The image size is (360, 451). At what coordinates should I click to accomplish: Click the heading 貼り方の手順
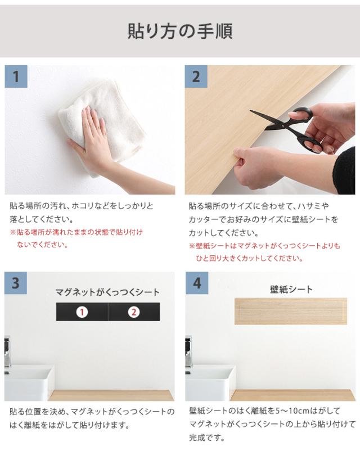[x=180, y=31]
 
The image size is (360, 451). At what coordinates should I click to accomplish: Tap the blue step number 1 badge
[x=16, y=76]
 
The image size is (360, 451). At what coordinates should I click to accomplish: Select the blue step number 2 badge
[x=196, y=76]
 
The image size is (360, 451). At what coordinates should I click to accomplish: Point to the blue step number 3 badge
[x=16, y=283]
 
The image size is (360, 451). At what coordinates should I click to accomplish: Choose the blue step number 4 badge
[x=197, y=283]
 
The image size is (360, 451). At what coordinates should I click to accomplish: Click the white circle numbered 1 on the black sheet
[x=82, y=312]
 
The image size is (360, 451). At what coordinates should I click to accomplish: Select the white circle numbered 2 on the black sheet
[x=134, y=312]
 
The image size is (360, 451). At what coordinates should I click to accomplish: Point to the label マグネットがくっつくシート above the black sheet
[x=107, y=292]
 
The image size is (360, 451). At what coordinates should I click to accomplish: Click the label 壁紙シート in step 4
[x=291, y=289]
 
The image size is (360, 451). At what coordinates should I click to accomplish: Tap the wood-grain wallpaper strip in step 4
[x=291, y=311]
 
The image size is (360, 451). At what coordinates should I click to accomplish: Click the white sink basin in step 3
[x=29, y=382]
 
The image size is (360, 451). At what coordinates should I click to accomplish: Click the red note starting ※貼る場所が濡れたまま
[x=76, y=238]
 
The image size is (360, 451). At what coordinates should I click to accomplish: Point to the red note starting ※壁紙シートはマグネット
[x=264, y=252]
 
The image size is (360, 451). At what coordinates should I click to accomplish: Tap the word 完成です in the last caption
[x=207, y=438]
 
